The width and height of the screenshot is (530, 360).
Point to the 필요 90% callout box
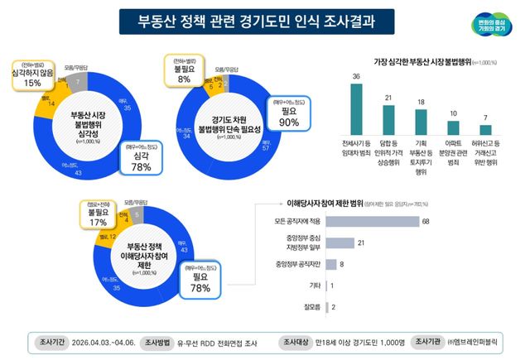[x=289, y=117]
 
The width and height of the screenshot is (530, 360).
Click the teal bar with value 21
[x=388, y=120]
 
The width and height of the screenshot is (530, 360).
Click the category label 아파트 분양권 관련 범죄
[x=453, y=156]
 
